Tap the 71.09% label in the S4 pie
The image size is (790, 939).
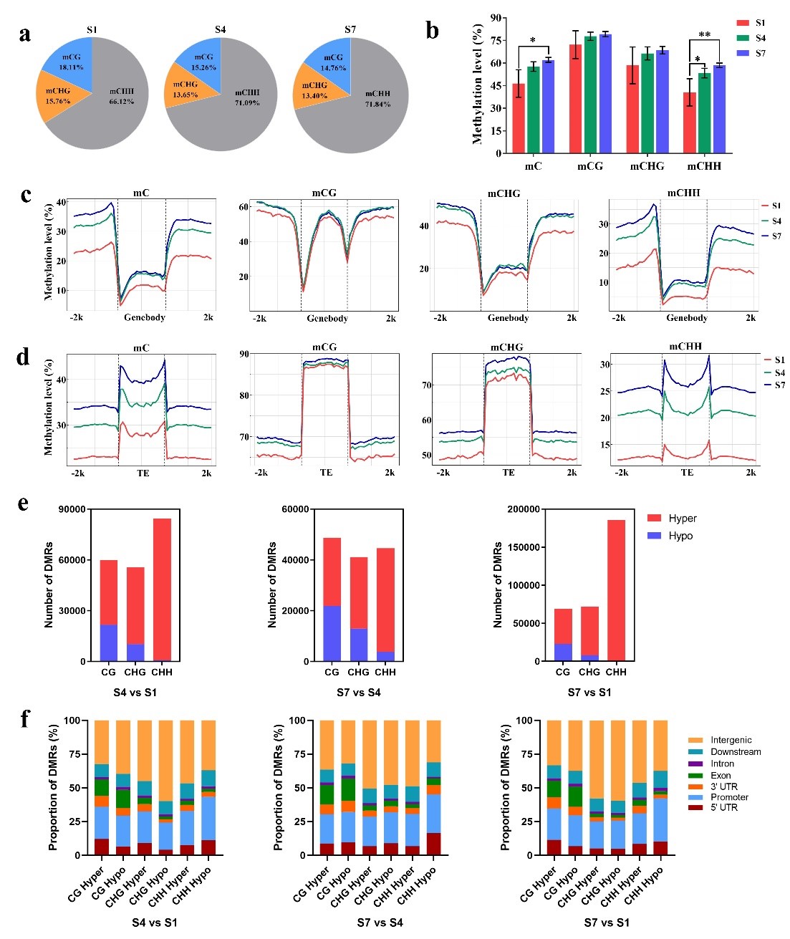tap(246, 102)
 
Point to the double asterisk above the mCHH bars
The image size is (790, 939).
tap(704, 35)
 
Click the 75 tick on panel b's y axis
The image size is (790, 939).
tap(494, 40)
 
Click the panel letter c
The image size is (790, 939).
tap(27, 195)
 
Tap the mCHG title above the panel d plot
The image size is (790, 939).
tap(506, 347)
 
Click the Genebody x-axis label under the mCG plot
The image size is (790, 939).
tap(327, 318)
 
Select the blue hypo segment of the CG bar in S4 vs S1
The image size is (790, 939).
tap(109, 643)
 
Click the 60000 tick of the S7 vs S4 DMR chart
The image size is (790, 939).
tap(295, 509)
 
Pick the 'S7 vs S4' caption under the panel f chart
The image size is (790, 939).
tap(380, 923)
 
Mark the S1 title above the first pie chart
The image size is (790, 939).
tap(92, 29)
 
